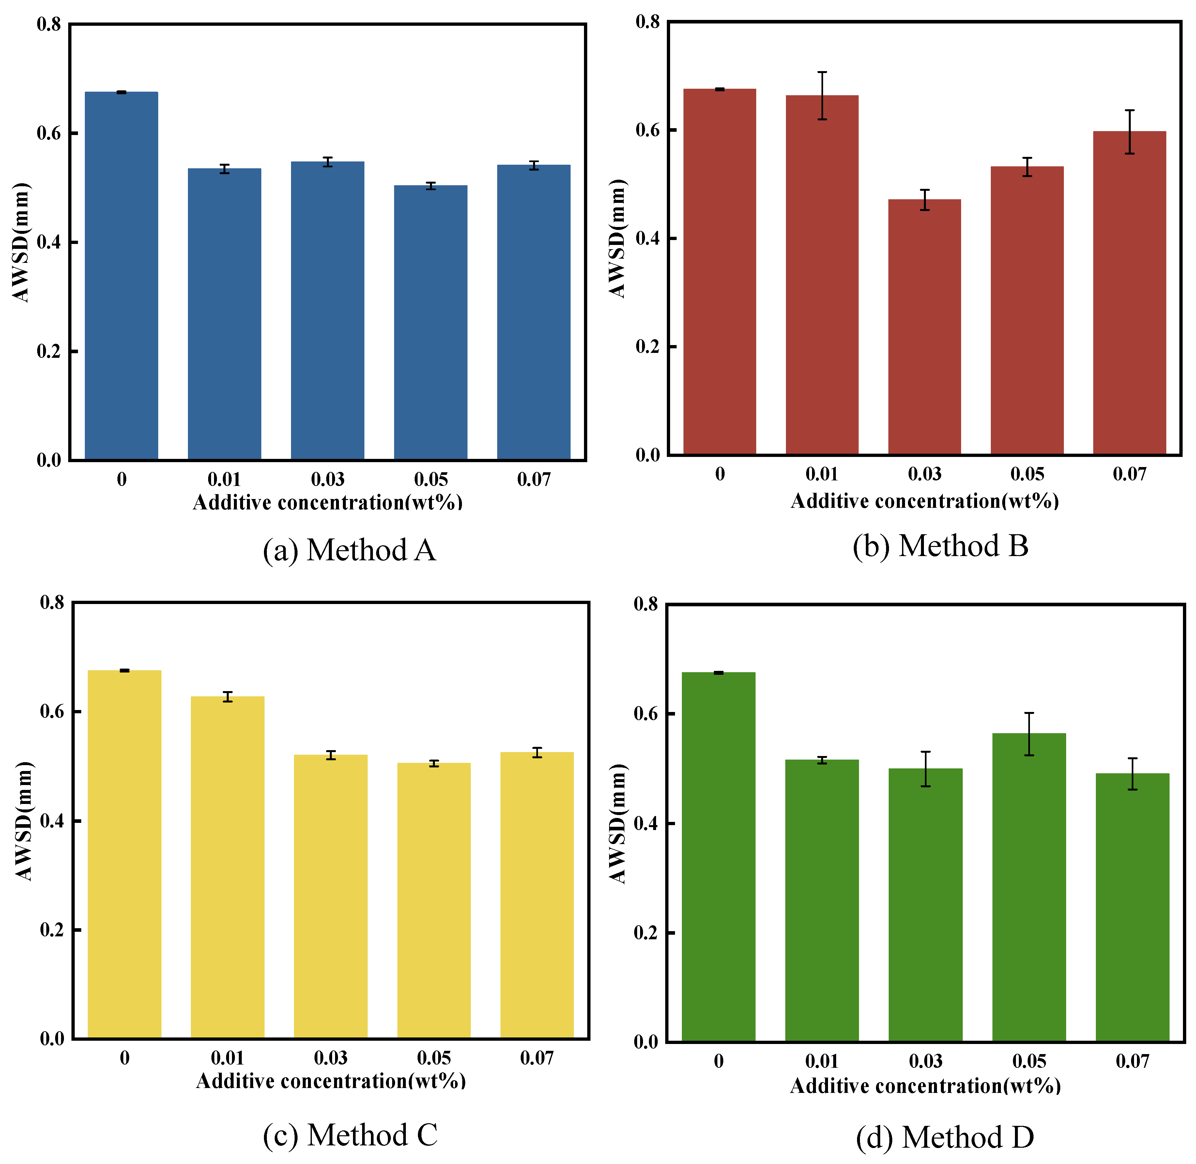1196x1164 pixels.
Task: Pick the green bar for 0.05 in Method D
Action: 1029,886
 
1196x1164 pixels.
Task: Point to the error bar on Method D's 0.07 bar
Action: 1132,774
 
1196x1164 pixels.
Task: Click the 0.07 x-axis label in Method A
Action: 534,479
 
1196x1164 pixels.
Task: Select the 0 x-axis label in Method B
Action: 720,474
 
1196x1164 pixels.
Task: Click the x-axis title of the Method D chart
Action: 925,1086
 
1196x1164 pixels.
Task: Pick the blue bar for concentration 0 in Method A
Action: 121,276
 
